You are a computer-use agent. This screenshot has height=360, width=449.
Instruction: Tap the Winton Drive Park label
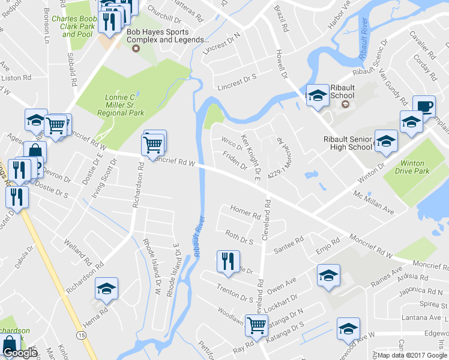point(420,167)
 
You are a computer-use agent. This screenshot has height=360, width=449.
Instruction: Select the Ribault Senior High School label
point(348,143)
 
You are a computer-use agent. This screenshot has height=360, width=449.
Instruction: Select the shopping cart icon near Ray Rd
point(257,325)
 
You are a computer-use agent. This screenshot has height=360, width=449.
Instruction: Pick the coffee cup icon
point(424,106)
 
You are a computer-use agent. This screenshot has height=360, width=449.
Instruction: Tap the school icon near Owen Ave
point(328,275)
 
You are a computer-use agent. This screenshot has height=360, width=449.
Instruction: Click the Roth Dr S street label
point(239,236)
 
